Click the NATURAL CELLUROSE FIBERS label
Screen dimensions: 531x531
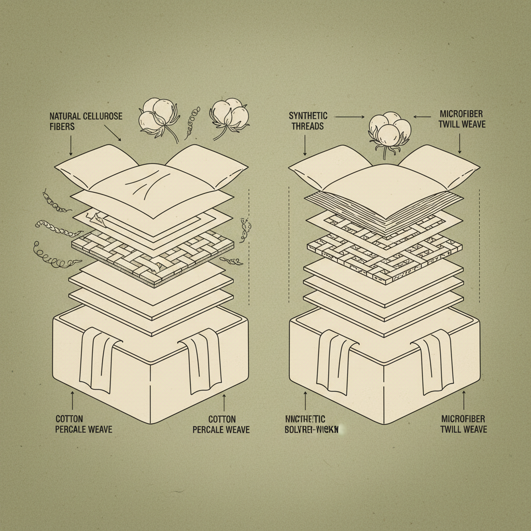tap(86, 120)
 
